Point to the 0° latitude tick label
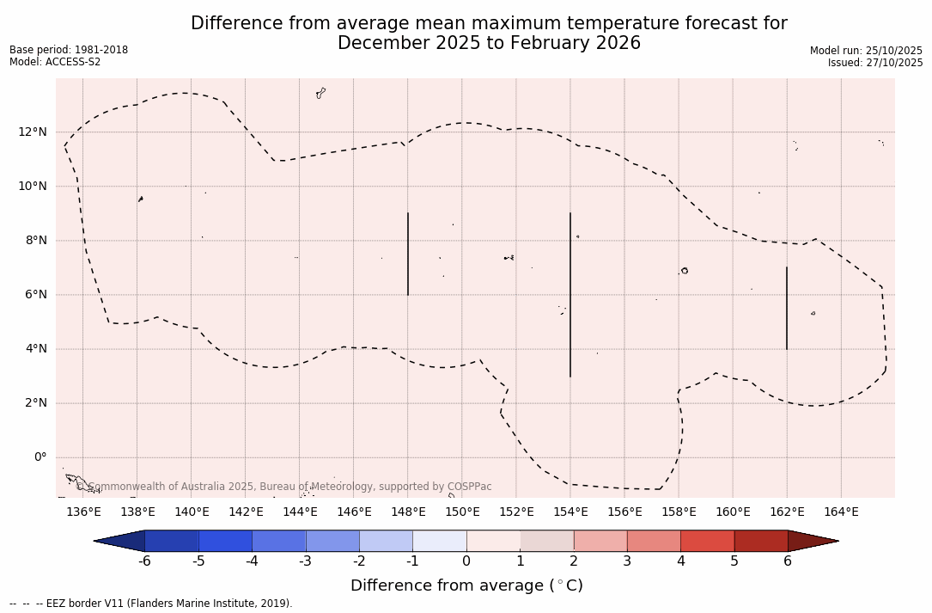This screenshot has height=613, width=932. point(40,457)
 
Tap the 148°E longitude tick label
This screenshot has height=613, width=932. point(408,512)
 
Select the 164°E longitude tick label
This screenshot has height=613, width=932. point(841,512)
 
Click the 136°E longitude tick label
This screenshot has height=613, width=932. point(83,512)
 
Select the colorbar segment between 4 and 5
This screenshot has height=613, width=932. point(707,541)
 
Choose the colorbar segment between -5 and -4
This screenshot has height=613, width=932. point(225,541)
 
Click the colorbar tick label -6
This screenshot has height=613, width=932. point(144,561)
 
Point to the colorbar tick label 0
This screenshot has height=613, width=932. point(466,561)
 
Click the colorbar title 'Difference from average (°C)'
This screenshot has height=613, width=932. point(466,585)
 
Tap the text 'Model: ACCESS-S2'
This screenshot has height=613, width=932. point(55,62)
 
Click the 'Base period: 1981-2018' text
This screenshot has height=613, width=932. point(69,50)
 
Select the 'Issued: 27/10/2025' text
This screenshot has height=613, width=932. point(875,63)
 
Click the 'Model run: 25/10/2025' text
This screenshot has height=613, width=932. point(866,51)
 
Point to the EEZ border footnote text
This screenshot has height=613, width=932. point(151,604)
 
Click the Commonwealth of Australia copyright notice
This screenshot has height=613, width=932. point(284,487)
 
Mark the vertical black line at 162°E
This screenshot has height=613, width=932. point(787,308)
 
